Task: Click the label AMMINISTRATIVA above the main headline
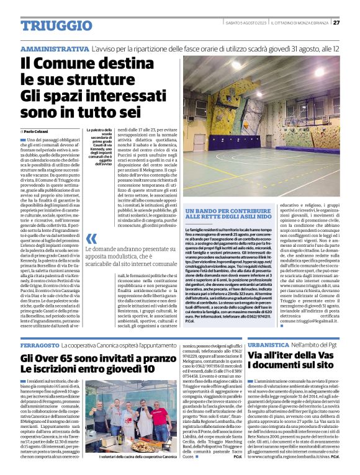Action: (55, 48)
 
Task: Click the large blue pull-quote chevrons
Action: (91, 239)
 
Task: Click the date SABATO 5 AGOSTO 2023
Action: (248, 23)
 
